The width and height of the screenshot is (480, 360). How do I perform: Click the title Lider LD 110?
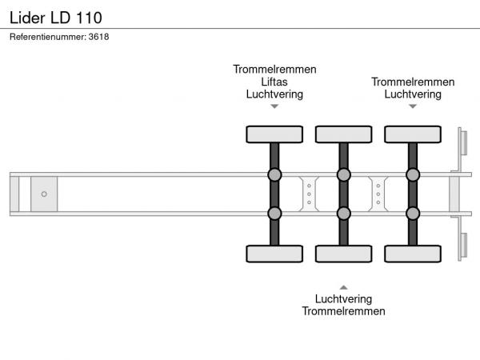56,18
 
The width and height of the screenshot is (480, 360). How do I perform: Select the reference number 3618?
98,37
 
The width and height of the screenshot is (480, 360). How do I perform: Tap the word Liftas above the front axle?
274,82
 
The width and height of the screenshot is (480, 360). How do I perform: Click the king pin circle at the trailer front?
44,194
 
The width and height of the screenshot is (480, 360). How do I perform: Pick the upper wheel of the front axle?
274,134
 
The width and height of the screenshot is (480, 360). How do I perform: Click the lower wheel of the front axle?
274,254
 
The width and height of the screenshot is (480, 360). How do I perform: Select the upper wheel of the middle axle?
344,134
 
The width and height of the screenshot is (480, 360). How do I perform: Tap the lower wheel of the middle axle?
344,254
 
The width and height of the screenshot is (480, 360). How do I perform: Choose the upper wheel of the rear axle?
413,134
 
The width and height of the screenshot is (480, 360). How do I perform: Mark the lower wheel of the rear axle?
413,254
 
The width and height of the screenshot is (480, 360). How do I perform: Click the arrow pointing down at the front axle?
274,106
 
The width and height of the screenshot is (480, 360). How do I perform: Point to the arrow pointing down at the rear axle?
413,106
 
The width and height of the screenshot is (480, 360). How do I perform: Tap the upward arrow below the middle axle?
343,287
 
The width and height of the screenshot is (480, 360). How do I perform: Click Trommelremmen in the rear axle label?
413,82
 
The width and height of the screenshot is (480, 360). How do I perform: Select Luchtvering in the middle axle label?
343,298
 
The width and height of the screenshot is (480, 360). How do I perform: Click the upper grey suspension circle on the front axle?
274,174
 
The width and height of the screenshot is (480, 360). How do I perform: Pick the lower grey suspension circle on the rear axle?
413,214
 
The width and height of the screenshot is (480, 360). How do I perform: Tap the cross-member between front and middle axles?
309,194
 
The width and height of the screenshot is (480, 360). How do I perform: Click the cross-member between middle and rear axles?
378,194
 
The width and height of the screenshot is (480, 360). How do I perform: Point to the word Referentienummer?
48,37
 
